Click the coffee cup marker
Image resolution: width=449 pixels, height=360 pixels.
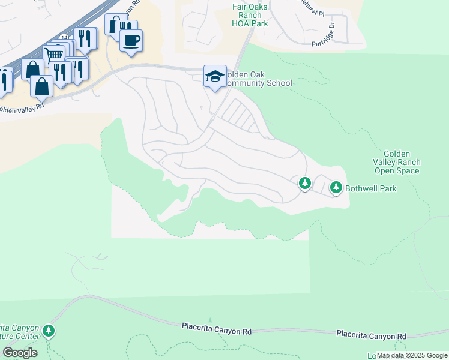pyautogui.click(x=131, y=41)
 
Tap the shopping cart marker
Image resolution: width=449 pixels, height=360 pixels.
pyautogui.click(x=54, y=55)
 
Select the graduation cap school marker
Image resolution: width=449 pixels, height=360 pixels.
pyautogui.click(x=215, y=76)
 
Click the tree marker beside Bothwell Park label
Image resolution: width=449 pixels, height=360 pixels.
pyautogui.click(x=336, y=188)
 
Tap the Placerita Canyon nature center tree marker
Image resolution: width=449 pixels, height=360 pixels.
pyautogui.click(x=49, y=331)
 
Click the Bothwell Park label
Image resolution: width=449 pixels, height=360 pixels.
pyautogui.click(x=370, y=188)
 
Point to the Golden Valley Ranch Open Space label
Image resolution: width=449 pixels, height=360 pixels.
pyautogui.click(x=397, y=162)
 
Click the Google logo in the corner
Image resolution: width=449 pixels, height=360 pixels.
pyautogui.click(x=20, y=352)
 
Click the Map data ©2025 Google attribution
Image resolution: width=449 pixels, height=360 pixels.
pyautogui.click(x=412, y=355)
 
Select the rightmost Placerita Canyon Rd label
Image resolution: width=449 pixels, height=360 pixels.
pyautogui.click(x=371, y=334)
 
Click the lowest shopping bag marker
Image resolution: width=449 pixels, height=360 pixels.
pyautogui.click(x=41, y=87)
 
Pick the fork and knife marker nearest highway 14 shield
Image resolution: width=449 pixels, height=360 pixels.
pyautogui.click(x=61, y=71)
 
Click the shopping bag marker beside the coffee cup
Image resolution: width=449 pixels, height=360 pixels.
pyautogui.click(x=114, y=24)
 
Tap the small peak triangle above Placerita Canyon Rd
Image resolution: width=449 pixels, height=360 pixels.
pyautogui.click(x=210, y=320)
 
